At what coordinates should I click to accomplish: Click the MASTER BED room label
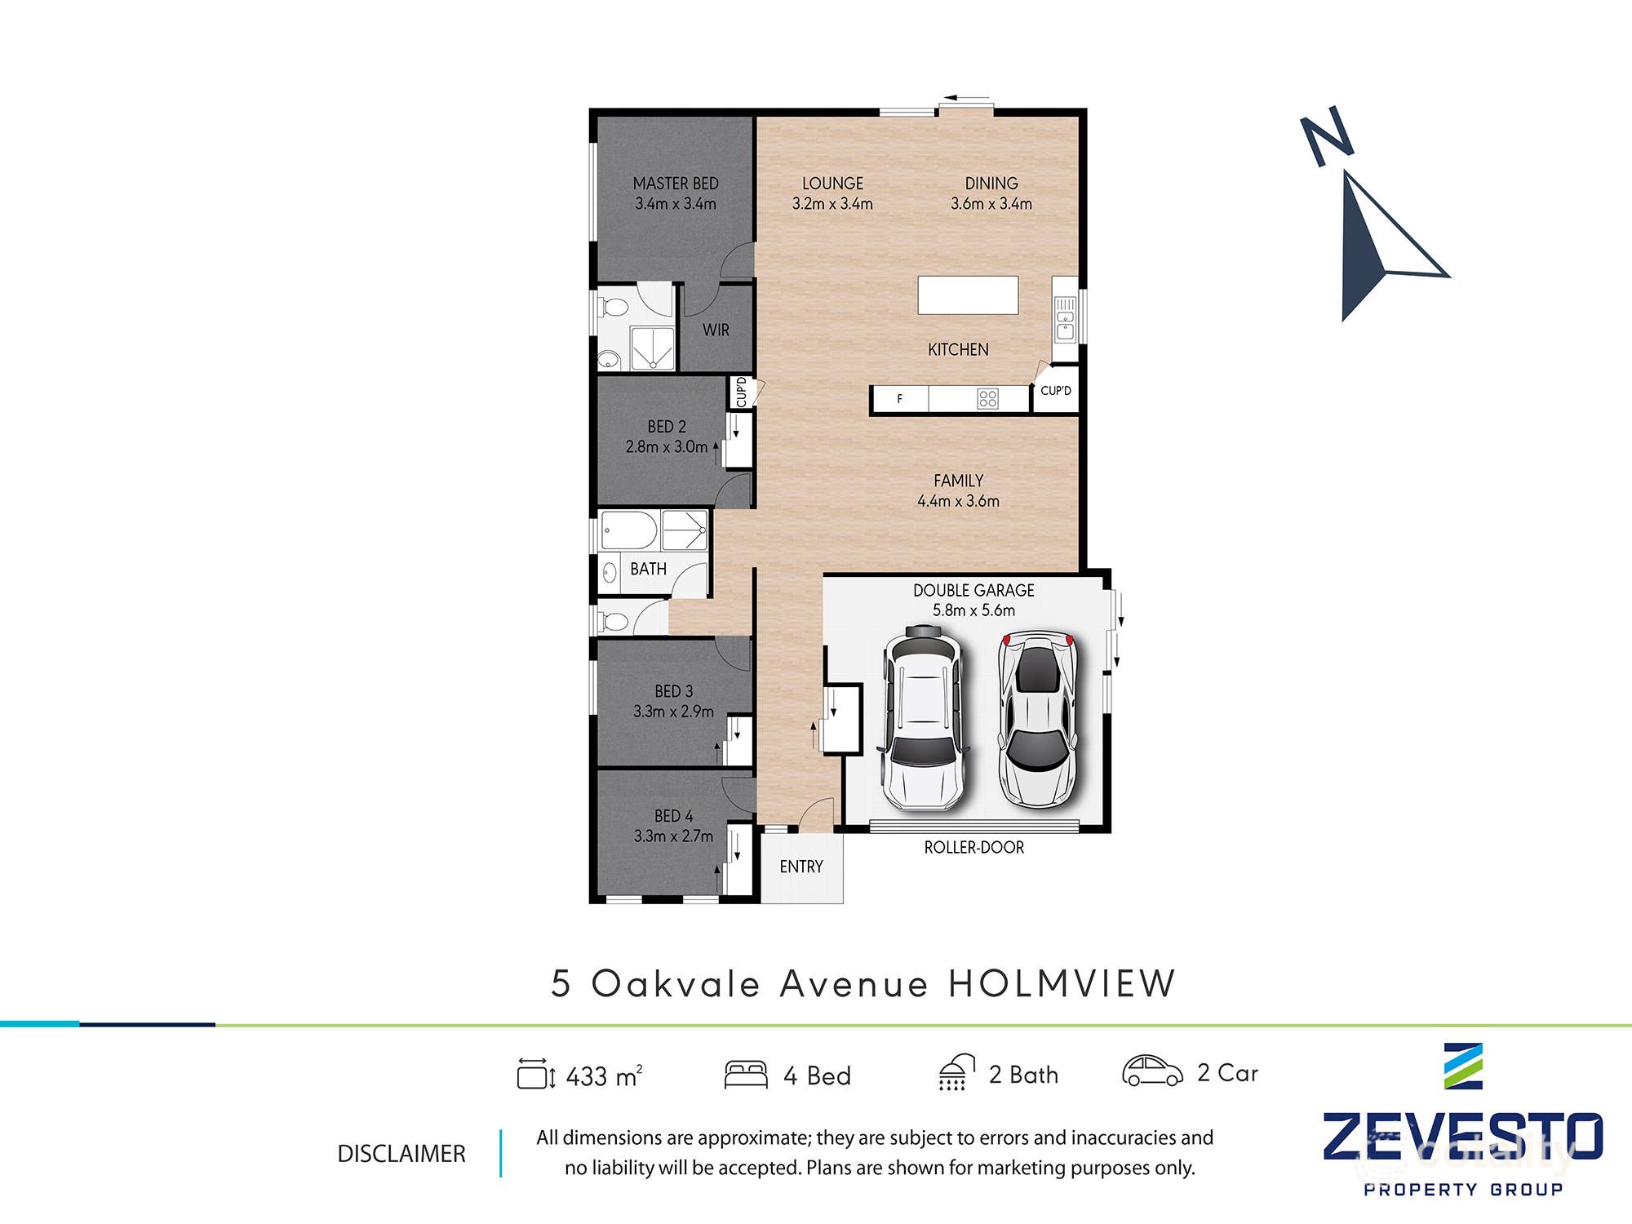(x=676, y=184)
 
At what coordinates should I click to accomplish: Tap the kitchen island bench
(x=968, y=295)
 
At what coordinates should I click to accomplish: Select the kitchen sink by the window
(x=1065, y=319)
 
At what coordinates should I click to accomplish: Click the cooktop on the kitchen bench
(x=987, y=399)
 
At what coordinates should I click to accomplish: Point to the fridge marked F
(x=900, y=399)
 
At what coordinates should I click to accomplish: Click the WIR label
(x=716, y=330)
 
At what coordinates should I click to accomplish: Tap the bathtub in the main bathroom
(x=628, y=531)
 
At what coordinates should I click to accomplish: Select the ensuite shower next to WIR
(x=653, y=349)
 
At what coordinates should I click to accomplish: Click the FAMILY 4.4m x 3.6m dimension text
(x=958, y=501)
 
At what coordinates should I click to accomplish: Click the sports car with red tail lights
(x=1037, y=717)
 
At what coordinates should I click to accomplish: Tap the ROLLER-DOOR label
(x=973, y=848)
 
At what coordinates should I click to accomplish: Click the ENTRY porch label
(x=800, y=867)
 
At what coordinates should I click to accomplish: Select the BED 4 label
(x=673, y=816)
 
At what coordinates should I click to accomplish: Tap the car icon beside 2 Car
(x=1151, y=1071)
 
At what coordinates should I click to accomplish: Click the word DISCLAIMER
(x=401, y=1154)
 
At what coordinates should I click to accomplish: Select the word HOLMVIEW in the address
(x=1061, y=984)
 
